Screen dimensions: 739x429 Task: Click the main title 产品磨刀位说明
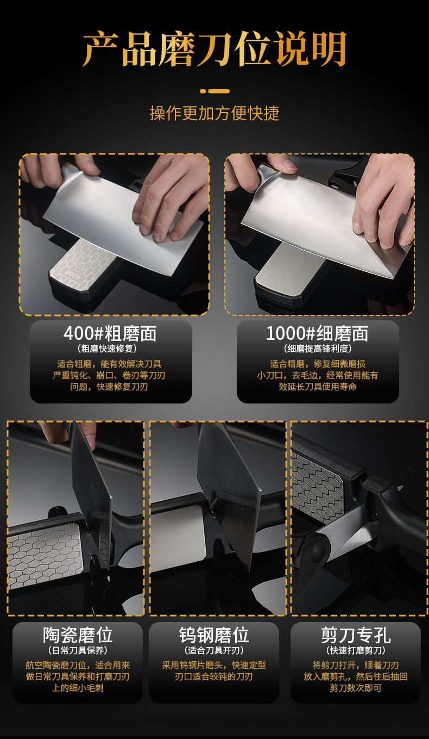[x=214, y=49]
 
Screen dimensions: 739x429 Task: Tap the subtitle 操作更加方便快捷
[x=214, y=113]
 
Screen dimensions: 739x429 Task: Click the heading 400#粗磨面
[x=110, y=333]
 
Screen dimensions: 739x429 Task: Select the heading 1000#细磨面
[x=317, y=333]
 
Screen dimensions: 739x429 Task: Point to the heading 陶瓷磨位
[x=78, y=635]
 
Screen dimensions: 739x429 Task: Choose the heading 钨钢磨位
[x=214, y=635]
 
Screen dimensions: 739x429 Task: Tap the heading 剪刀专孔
[x=356, y=635]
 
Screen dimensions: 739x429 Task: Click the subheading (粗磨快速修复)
[x=110, y=349]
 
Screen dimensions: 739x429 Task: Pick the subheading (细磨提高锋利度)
[x=318, y=349]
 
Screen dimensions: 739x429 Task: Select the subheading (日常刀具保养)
[x=78, y=650]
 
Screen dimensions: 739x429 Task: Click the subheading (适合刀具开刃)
[x=214, y=650]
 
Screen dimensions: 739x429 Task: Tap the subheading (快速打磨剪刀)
[x=356, y=650]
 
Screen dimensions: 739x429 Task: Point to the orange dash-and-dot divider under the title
[x=214, y=91]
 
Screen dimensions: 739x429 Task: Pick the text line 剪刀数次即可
[x=356, y=688]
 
